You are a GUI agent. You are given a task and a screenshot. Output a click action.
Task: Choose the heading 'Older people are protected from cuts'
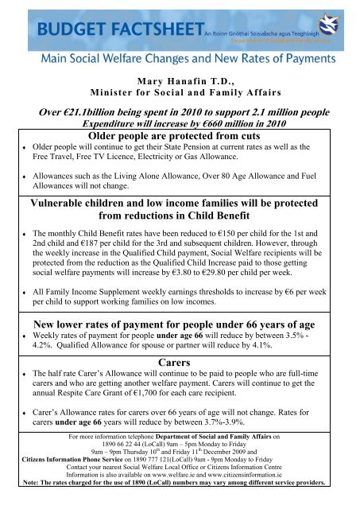pos(180,138)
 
